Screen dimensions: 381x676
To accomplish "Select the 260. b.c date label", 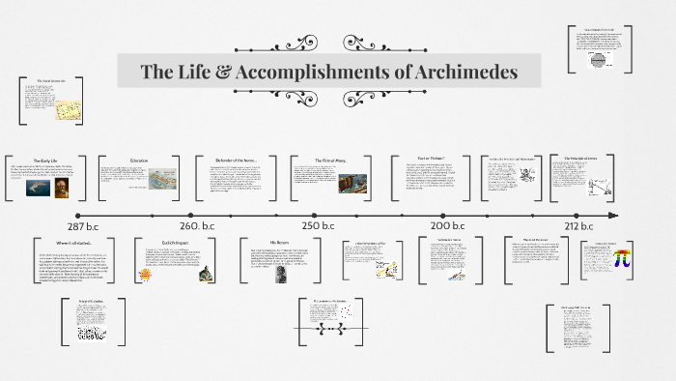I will [x=201, y=225].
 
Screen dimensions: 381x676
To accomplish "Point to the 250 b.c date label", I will [x=320, y=225].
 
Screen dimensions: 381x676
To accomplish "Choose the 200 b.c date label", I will [x=448, y=225].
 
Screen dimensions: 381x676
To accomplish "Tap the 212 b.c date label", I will [x=578, y=225].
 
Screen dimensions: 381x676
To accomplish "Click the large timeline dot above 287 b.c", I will [x=79, y=214].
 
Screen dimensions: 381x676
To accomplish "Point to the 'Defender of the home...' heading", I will [x=231, y=160].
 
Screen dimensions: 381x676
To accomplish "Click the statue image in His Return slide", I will [x=281, y=273].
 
